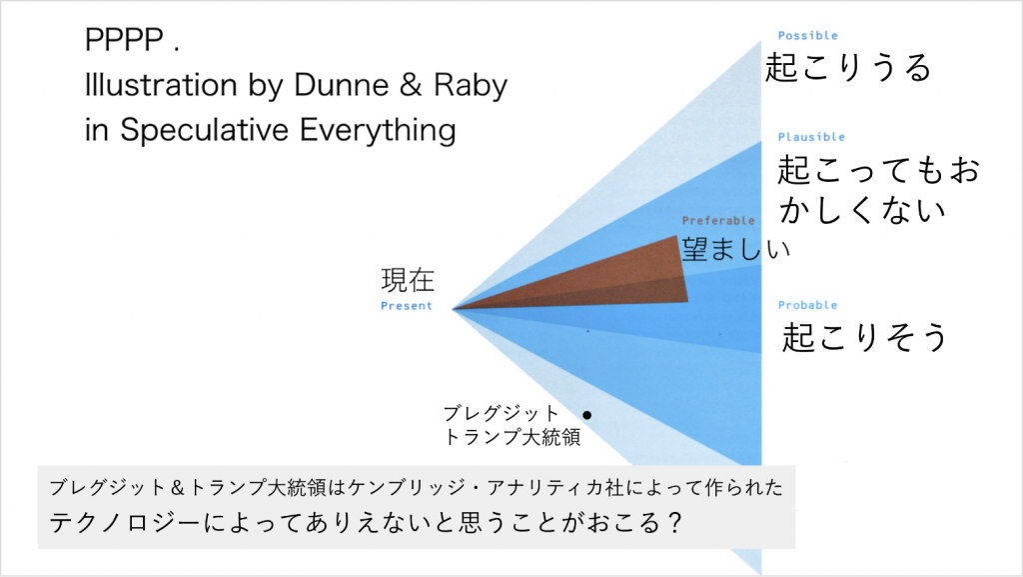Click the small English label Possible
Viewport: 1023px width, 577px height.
pos(807,35)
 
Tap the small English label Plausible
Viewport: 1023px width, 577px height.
pos(811,137)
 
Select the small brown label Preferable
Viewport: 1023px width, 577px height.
pos(718,221)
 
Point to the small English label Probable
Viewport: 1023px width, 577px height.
pos(807,305)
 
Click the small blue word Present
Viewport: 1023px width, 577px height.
pos(407,305)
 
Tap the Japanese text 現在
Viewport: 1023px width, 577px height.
pos(408,280)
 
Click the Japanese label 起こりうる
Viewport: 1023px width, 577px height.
pos(847,67)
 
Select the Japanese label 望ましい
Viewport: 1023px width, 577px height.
pos(736,248)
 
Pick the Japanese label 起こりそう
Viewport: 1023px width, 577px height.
pos(864,337)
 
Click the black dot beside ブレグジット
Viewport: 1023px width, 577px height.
pos(587,415)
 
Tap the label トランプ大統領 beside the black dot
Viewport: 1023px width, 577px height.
pos(512,437)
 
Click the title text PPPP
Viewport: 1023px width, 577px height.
pos(124,40)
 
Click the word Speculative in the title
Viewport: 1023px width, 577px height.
pos(204,130)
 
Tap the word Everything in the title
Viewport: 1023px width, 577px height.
pos(378,130)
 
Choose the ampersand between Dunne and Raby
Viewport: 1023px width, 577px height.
pos(411,85)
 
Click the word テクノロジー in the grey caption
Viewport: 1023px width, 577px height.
pos(125,522)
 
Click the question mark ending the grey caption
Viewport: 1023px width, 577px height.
pos(674,522)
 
